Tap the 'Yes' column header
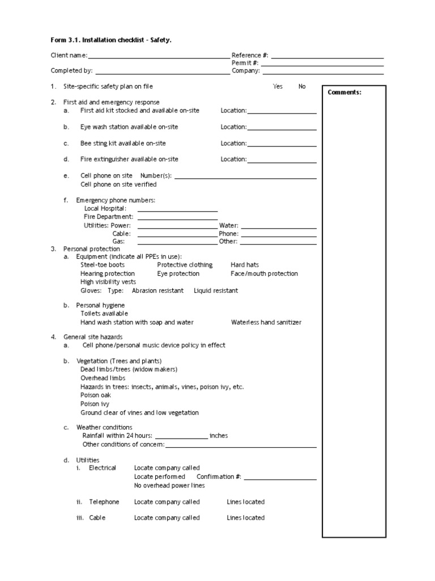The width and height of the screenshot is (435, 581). [278, 87]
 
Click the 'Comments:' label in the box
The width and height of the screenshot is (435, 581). [344, 92]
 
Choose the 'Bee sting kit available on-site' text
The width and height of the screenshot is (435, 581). [123, 144]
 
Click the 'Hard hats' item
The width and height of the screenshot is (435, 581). [245, 265]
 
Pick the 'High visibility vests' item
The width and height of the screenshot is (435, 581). [108, 282]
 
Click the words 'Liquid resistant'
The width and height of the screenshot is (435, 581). [216, 291]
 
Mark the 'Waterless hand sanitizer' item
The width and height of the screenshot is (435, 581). [266, 323]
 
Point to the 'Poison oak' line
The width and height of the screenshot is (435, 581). [96, 395]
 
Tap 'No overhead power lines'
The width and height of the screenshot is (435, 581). [169, 486]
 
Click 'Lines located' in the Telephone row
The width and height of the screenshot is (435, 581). [246, 502]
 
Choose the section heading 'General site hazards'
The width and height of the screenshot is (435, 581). [93, 337]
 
